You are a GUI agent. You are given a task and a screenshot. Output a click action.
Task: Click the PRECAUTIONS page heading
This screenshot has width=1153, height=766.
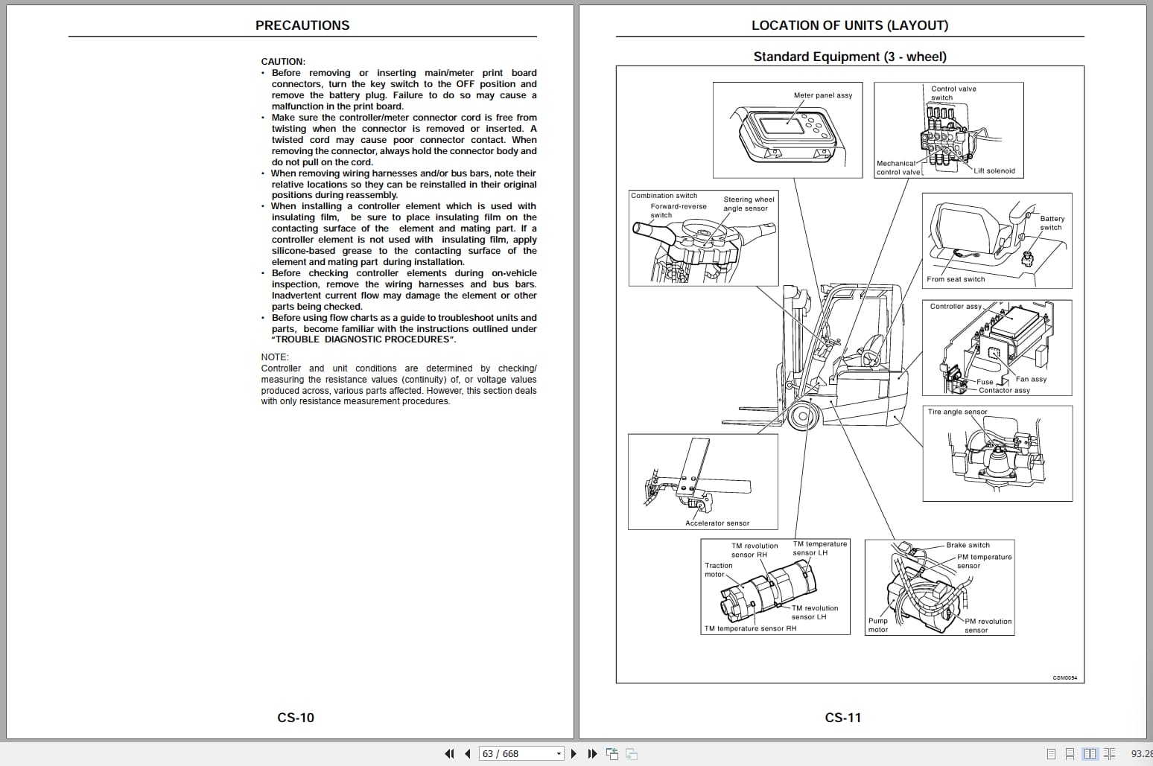point(302,25)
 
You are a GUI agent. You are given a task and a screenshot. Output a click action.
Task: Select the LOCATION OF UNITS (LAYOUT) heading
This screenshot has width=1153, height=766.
point(850,25)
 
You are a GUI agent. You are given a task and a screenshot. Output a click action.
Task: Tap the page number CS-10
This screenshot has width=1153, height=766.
point(296,718)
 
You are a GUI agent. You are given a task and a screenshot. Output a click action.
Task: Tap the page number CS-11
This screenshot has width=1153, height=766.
point(843,718)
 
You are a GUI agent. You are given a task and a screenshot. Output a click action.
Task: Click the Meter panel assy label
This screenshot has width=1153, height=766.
point(823,95)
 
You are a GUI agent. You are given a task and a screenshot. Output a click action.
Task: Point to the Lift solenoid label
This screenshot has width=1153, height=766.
point(994,170)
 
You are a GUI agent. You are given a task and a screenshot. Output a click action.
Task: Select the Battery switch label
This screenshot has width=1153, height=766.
point(1052,223)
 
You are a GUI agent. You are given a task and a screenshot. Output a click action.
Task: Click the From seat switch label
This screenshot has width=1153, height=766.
point(956,279)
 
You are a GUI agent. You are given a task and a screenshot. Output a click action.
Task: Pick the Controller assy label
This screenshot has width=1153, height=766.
point(956,307)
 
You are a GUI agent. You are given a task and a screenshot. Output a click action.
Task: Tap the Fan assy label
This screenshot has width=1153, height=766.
point(1031,379)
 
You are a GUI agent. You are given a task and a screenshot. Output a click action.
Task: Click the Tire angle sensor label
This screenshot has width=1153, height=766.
point(957,412)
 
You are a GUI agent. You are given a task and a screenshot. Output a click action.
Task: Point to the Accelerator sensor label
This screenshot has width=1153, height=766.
point(717,523)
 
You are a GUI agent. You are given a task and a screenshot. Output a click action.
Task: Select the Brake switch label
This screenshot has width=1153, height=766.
point(968,545)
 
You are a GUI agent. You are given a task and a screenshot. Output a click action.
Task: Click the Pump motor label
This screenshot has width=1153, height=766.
point(878,625)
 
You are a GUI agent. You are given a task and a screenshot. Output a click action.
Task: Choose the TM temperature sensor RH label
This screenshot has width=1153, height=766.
point(751,628)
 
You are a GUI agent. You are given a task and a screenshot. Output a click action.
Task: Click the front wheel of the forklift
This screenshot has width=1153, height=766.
point(803,415)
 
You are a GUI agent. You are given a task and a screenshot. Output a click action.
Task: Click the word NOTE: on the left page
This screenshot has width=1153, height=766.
point(275,357)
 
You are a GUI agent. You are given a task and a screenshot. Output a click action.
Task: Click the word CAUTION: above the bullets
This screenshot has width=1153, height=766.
point(283,62)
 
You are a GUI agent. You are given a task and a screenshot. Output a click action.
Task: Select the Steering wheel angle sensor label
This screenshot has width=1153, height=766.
point(749,204)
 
